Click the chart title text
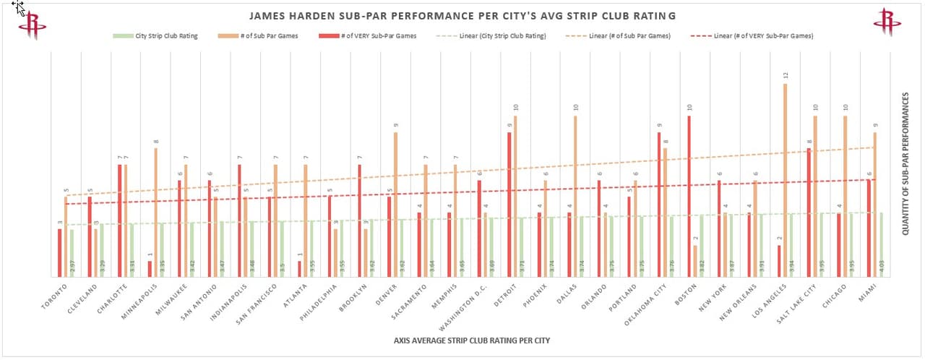(x=462, y=15)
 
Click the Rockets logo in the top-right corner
(x=887, y=22)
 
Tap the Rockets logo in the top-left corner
(x=33, y=23)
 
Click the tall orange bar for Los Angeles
(x=785, y=181)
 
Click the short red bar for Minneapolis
(x=150, y=268)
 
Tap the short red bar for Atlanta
(x=299, y=268)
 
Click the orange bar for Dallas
(x=576, y=195)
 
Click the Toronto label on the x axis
(x=55, y=296)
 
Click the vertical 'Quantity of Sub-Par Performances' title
(x=905, y=163)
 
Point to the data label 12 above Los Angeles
(x=785, y=75)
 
